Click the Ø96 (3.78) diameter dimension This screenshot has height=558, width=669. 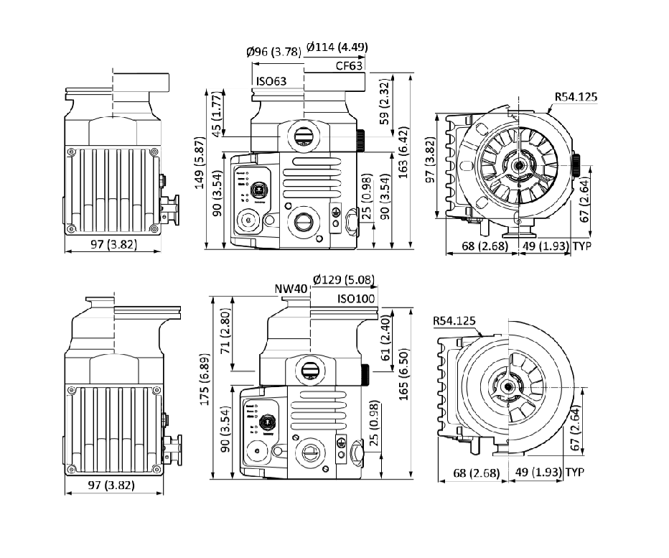pos(273,51)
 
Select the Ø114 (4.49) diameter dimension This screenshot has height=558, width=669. pos(337,47)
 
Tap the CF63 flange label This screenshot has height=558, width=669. pos(350,66)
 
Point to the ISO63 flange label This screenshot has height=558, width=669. pos(271,81)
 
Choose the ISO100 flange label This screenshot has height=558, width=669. pos(357,298)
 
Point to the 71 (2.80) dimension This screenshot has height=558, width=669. pos(224,334)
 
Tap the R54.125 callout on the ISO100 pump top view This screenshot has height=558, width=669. pos(454,320)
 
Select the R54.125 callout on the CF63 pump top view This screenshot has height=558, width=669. pos(576,97)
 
